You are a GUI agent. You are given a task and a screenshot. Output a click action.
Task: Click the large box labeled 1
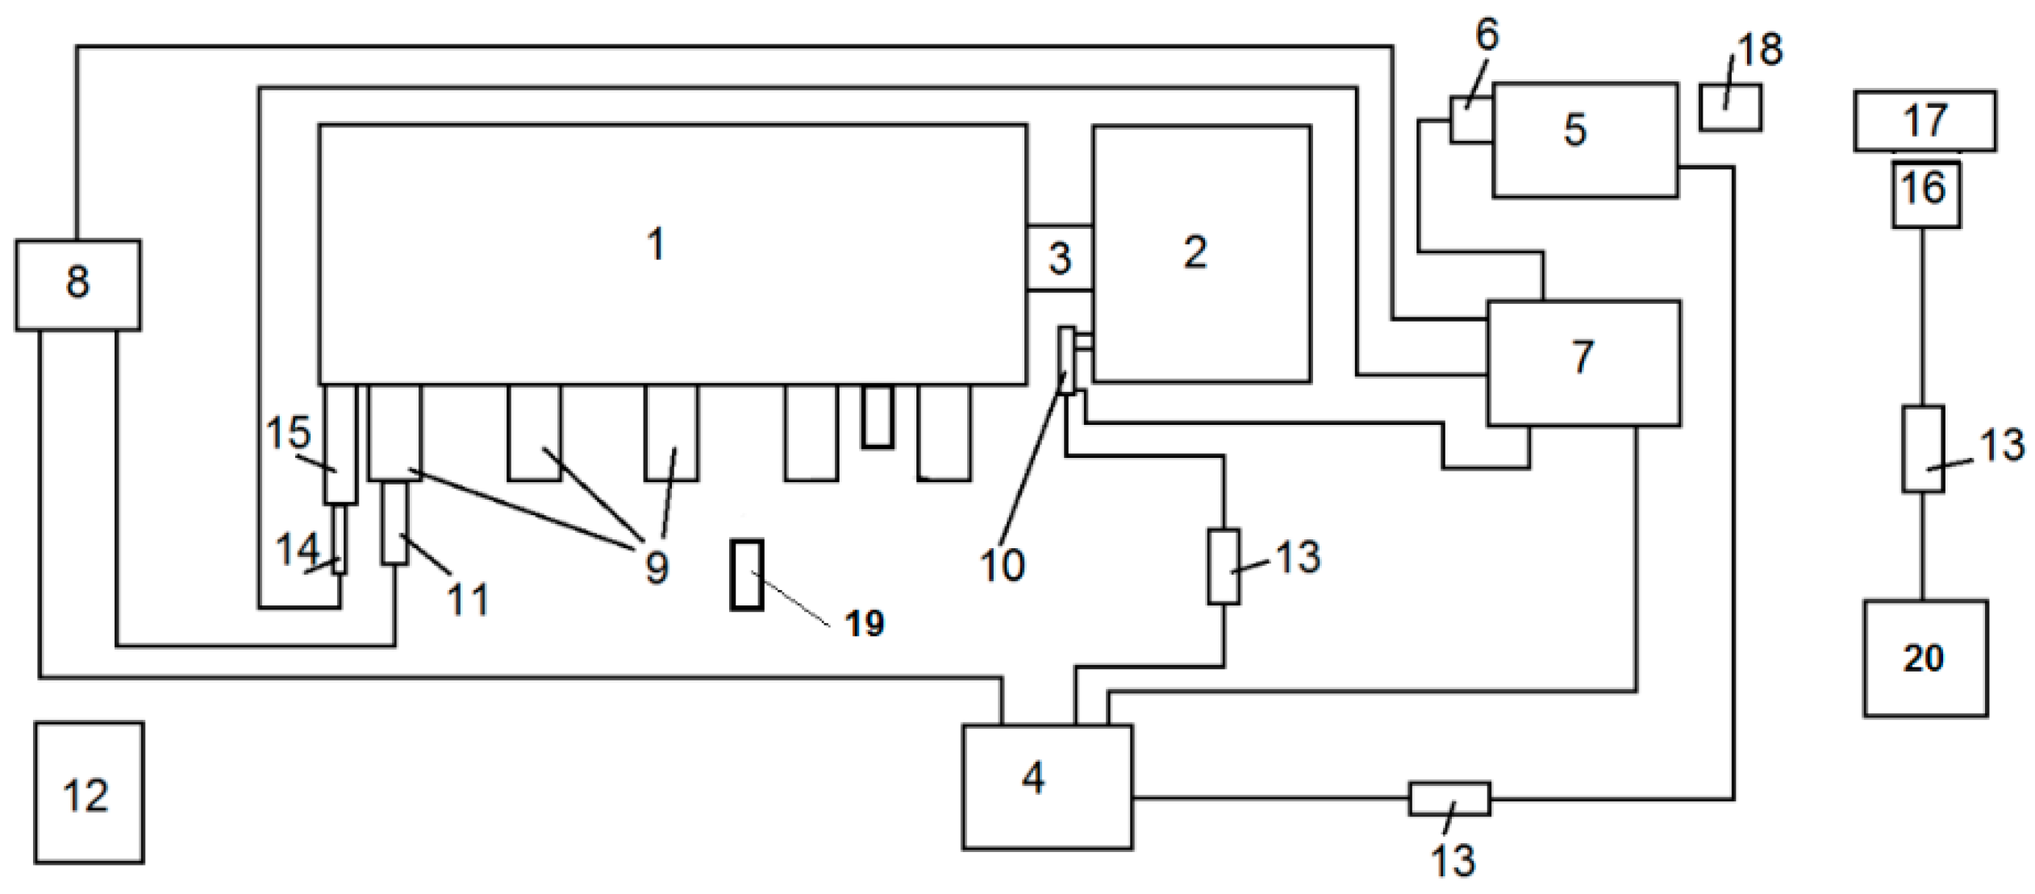[672, 253]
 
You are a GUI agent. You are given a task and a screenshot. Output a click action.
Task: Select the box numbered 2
[1201, 253]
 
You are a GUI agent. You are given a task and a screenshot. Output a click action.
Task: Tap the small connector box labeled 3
[1059, 258]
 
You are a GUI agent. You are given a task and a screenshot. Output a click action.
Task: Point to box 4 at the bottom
[1047, 786]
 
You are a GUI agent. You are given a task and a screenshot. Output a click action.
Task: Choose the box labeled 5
[1585, 139]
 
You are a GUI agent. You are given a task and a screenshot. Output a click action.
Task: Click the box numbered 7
[1583, 362]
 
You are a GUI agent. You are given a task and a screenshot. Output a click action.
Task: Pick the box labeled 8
[77, 285]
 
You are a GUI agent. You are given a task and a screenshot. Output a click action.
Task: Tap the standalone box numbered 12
[89, 792]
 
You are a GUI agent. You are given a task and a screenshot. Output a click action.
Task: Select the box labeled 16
[1925, 193]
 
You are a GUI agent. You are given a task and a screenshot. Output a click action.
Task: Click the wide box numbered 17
[1924, 121]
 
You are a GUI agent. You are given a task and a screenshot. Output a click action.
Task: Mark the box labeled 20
[1924, 658]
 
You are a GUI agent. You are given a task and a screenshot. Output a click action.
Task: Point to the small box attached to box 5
[1470, 120]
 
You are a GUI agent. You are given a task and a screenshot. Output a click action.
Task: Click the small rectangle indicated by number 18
[1729, 108]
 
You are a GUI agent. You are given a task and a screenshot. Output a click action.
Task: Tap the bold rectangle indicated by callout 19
[746, 575]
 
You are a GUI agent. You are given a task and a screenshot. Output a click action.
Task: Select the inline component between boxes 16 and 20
[1923, 448]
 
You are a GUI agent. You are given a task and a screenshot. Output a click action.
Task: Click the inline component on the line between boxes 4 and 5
[1449, 798]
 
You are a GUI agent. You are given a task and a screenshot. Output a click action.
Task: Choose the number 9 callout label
[657, 567]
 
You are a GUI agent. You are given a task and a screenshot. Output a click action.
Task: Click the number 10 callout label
[1003, 565]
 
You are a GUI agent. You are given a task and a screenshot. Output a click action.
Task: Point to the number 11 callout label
[468, 599]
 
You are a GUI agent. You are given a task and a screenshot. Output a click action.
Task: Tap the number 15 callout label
[288, 433]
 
